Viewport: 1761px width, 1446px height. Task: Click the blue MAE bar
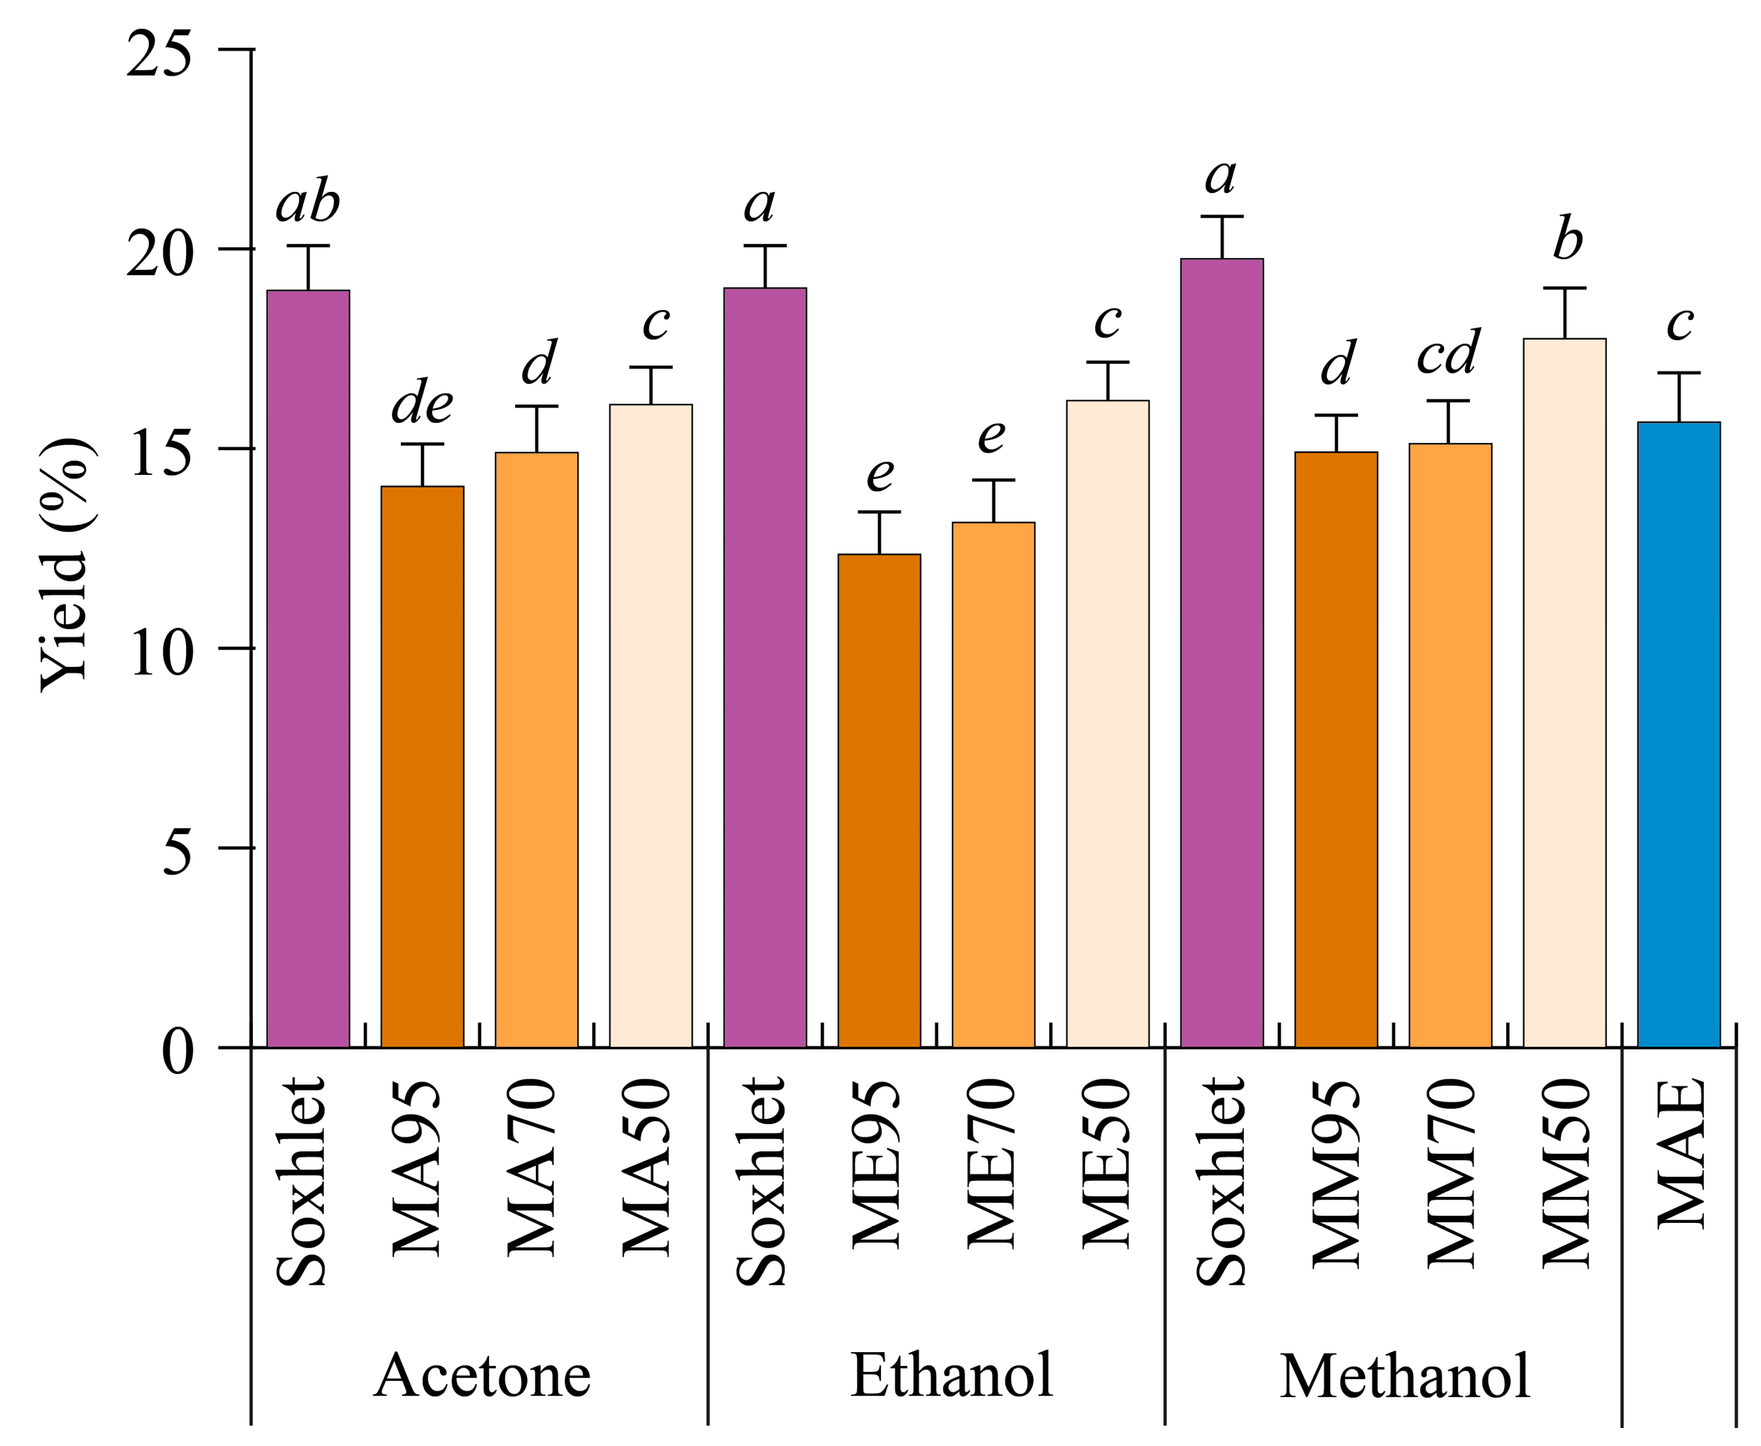1678,733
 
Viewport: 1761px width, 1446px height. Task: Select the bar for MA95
422,766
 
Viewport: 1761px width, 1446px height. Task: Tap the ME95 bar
879,800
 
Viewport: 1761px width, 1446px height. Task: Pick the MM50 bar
1564,691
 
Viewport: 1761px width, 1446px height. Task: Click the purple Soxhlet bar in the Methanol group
1222,650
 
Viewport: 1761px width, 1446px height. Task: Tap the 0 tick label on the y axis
177,1051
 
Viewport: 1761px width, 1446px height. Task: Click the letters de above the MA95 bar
422,403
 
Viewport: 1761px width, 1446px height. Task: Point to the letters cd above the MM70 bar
1449,352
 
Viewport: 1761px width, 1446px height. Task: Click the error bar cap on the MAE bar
1678,373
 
